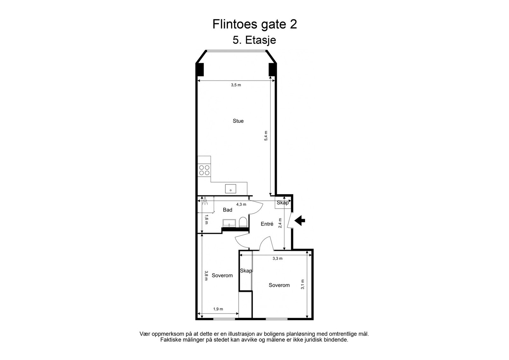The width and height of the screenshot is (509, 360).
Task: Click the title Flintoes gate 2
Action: (254, 24)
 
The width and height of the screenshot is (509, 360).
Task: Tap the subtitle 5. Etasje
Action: (254, 40)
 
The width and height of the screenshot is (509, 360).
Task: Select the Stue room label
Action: (238, 121)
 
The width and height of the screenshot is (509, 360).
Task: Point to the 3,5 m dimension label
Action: (236, 85)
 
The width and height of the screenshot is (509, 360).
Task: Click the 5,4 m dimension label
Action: (266, 135)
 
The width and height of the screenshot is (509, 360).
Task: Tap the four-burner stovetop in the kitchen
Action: (204, 170)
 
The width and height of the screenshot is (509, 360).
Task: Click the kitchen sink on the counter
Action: (231, 189)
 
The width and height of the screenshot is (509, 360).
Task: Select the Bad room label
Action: (227, 210)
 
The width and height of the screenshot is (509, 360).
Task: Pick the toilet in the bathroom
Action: (243, 222)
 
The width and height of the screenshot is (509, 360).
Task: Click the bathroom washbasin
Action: (229, 223)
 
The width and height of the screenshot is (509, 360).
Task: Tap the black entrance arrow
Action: (300, 220)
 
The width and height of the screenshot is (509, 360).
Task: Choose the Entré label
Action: (267, 224)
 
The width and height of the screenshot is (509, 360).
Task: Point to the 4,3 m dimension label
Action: (241, 204)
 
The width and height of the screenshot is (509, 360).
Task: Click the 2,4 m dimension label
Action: (280, 223)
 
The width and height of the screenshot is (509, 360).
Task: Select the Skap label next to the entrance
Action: (283, 203)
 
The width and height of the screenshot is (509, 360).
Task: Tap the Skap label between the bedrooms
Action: (246, 271)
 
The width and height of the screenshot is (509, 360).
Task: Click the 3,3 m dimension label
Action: (277, 259)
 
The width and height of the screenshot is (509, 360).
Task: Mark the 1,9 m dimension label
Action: (218, 309)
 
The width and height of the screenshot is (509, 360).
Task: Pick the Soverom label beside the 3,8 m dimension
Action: (222, 275)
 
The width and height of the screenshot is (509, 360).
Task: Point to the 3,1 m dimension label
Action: (303, 284)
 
